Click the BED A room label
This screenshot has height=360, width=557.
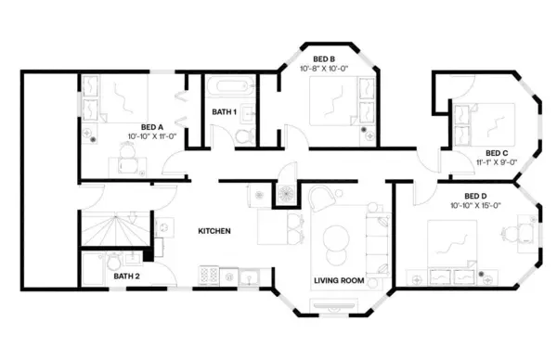pyautogui.click(x=152, y=126)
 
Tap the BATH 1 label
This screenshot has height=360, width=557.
pyautogui.click(x=225, y=112)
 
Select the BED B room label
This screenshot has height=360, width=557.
pyautogui.click(x=324, y=58)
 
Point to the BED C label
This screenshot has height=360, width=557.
pyautogui.click(x=497, y=152)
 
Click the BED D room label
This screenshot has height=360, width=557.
pyautogui.click(x=475, y=196)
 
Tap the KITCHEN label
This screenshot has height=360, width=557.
pyautogui.click(x=214, y=231)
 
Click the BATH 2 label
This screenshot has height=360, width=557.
pyautogui.click(x=127, y=276)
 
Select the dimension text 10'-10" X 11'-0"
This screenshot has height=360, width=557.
pyautogui.click(x=152, y=136)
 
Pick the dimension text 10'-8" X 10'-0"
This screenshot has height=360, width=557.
pyautogui.click(x=324, y=68)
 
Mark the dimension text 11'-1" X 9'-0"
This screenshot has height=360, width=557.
pyautogui.click(x=497, y=162)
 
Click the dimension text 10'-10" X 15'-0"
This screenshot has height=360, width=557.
pyautogui.click(x=475, y=206)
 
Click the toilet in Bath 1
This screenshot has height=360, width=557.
pyautogui.click(x=243, y=135)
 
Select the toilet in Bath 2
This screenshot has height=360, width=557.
pyautogui.click(x=113, y=259)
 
